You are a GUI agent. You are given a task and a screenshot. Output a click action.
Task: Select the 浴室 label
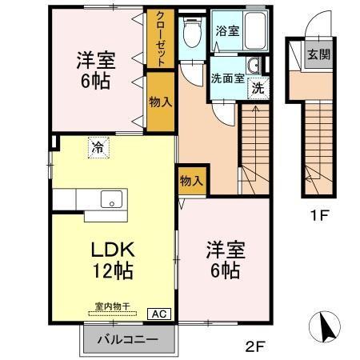[x=226, y=31]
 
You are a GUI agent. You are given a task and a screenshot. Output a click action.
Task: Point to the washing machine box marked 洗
[x=258, y=88]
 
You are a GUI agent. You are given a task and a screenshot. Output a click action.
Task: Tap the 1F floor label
[x=320, y=215]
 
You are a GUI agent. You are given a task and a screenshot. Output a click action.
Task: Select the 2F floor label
[x=255, y=346]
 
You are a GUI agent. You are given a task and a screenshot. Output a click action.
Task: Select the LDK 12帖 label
[x=111, y=259]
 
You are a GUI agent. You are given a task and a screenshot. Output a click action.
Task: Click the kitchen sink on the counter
[x=110, y=199]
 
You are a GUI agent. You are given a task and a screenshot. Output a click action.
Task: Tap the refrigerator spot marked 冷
[x=97, y=148]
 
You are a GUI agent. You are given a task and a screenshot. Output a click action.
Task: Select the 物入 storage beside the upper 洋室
[x=160, y=102]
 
